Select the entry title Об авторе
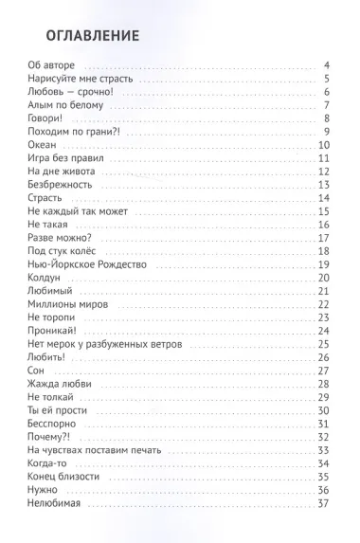52,64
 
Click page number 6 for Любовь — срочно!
325,91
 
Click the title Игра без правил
66,157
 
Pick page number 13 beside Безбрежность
323,184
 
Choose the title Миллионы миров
67,303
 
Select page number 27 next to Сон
323,370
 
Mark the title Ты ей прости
59,409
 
